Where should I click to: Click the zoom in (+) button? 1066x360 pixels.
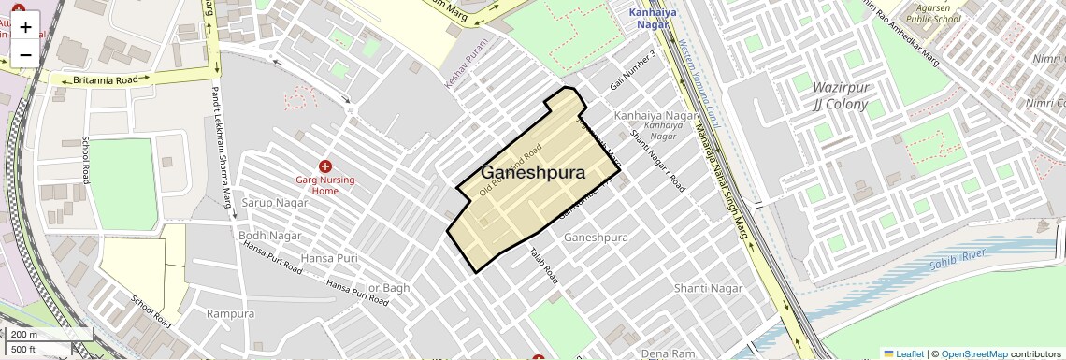(x=25, y=27)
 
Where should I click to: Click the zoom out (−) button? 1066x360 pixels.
(x=25, y=55)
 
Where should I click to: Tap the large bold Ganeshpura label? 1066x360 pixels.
(x=533, y=173)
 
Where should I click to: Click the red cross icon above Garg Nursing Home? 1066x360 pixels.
(x=325, y=166)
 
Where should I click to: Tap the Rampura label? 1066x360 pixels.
(x=231, y=313)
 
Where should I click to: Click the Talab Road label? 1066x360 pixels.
(x=543, y=266)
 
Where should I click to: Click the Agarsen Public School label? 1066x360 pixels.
(x=934, y=12)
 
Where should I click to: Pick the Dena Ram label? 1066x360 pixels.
(x=669, y=353)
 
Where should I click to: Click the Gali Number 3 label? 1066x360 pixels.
(x=633, y=66)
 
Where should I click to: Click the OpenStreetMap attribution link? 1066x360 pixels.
(x=973, y=354)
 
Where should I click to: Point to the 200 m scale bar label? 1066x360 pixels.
(x=24, y=335)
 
